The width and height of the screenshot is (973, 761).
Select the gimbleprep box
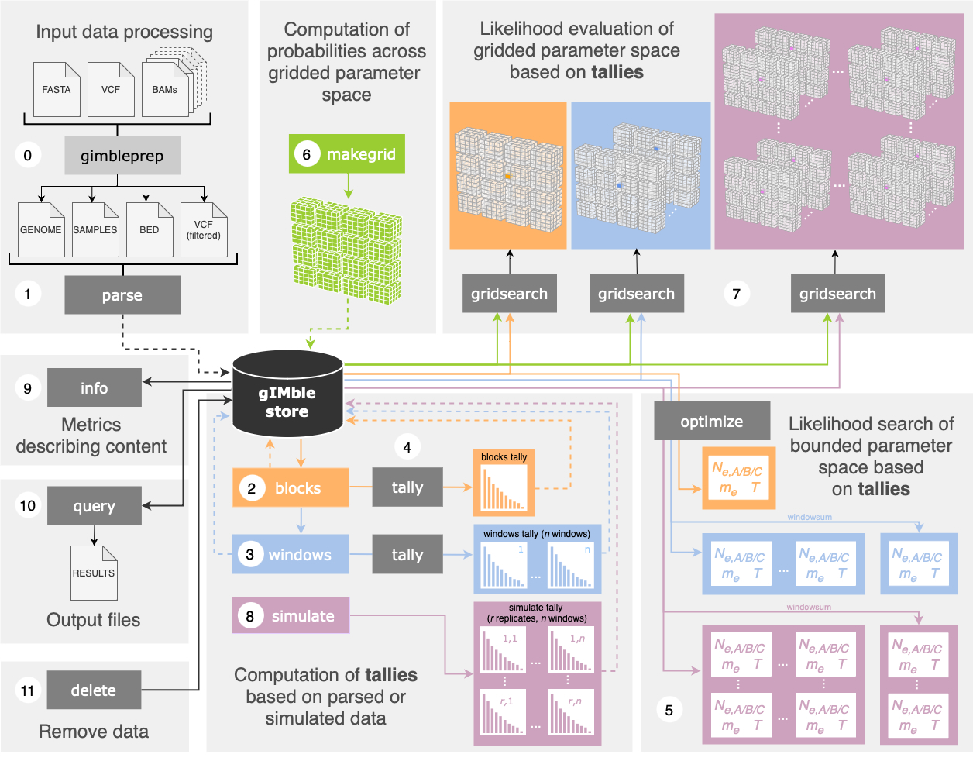tap(122, 156)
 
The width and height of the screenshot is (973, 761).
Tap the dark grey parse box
tap(122, 295)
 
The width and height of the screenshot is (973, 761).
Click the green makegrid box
tap(347, 154)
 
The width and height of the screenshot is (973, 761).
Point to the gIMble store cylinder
tap(287, 394)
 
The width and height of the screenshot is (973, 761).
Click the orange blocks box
tap(291, 488)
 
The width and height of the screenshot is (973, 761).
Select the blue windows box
tap(291, 555)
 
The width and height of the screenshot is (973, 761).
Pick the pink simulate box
tap(291, 616)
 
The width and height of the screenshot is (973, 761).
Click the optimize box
tap(712, 422)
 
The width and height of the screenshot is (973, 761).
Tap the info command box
tap(95, 387)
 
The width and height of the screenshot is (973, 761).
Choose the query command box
tap(95, 506)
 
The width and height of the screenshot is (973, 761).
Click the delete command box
tap(94, 690)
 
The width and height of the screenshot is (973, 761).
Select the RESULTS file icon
tap(94, 573)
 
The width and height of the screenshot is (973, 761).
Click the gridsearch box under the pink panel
tap(837, 294)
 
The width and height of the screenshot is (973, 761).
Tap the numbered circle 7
tap(736, 294)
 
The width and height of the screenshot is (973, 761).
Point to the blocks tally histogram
tap(504, 484)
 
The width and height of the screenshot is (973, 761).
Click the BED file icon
tap(150, 229)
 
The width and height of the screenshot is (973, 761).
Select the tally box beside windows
tap(407, 555)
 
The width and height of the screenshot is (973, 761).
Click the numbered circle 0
tap(28, 155)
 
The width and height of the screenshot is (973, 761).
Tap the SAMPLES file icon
tap(95, 229)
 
